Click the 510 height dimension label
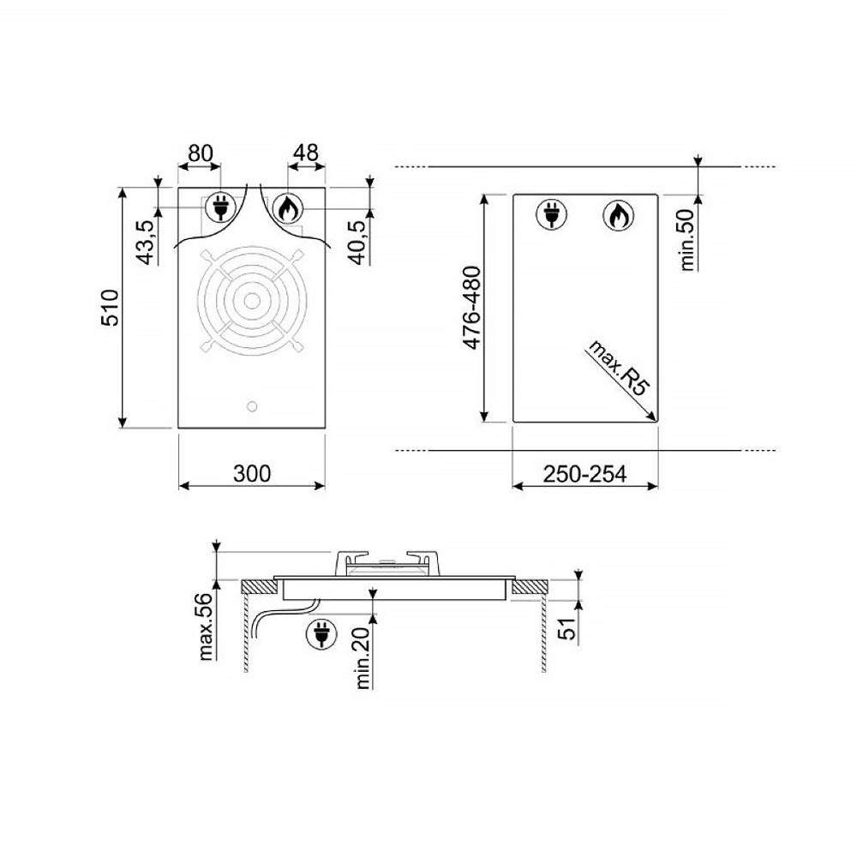point(111,308)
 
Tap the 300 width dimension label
point(252,473)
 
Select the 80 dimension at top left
point(201,153)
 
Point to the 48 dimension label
point(306,153)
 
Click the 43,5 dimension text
point(147,243)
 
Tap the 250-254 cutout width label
point(584,474)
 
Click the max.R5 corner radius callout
point(619,367)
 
